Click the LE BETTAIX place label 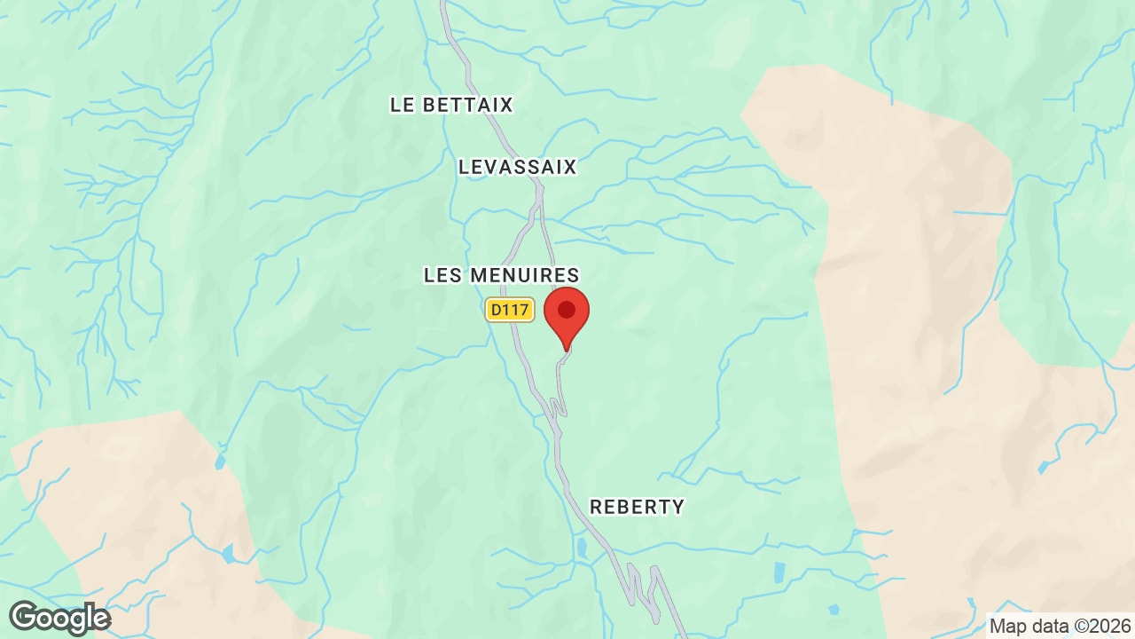click(x=451, y=105)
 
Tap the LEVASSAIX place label click(x=518, y=167)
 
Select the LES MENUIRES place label click(x=501, y=275)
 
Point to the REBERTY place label click(x=637, y=507)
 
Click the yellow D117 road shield click(x=510, y=310)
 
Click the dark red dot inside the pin click(x=567, y=310)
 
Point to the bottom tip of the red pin click(x=567, y=350)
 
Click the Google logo click(x=59, y=618)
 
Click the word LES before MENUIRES click(x=443, y=275)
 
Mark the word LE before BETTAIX click(x=403, y=105)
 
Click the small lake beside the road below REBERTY click(x=582, y=548)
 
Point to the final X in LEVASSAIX click(x=568, y=167)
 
